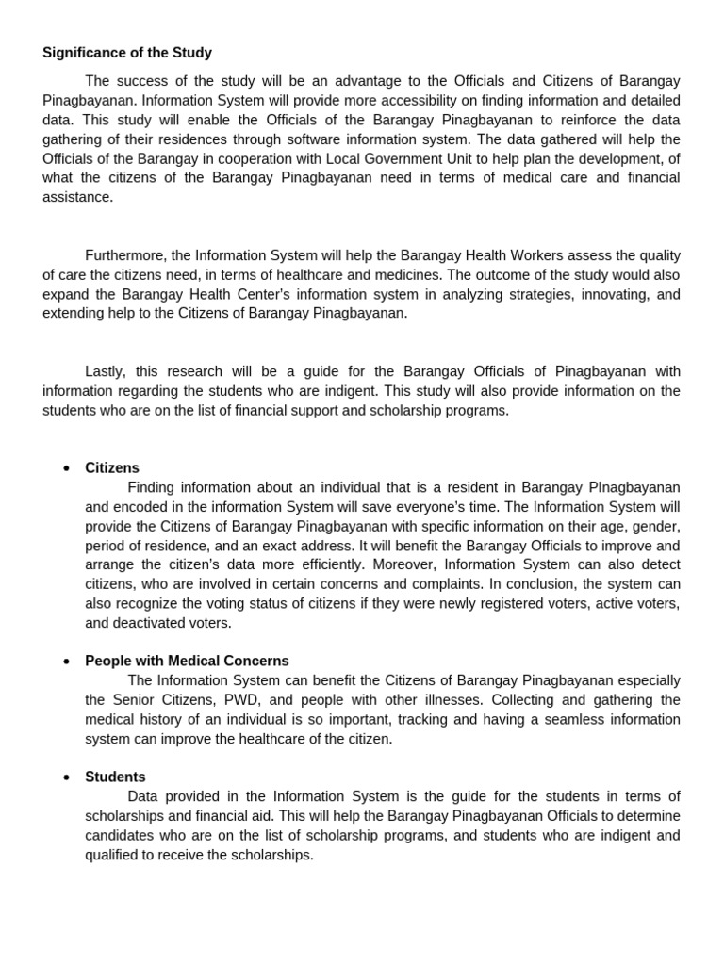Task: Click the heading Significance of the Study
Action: pyautogui.click(x=127, y=53)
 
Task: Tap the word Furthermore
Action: pyautogui.click(x=124, y=255)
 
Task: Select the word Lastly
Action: pyautogui.click(x=107, y=371)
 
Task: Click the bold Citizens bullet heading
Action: pyautogui.click(x=112, y=467)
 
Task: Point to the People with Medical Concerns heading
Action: pyautogui.click(x=187, y=661)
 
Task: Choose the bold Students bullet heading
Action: pyautogui.click(x=115, y=777)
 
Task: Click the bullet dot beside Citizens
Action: pyautogui.click(x=66, y=468)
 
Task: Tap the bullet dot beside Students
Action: pyautogui.click(x=66, y=777)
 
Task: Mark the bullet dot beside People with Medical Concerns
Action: pyautogui.click(x=66, y=662)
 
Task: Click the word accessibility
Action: pyautogui.click(x=361, y=101)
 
